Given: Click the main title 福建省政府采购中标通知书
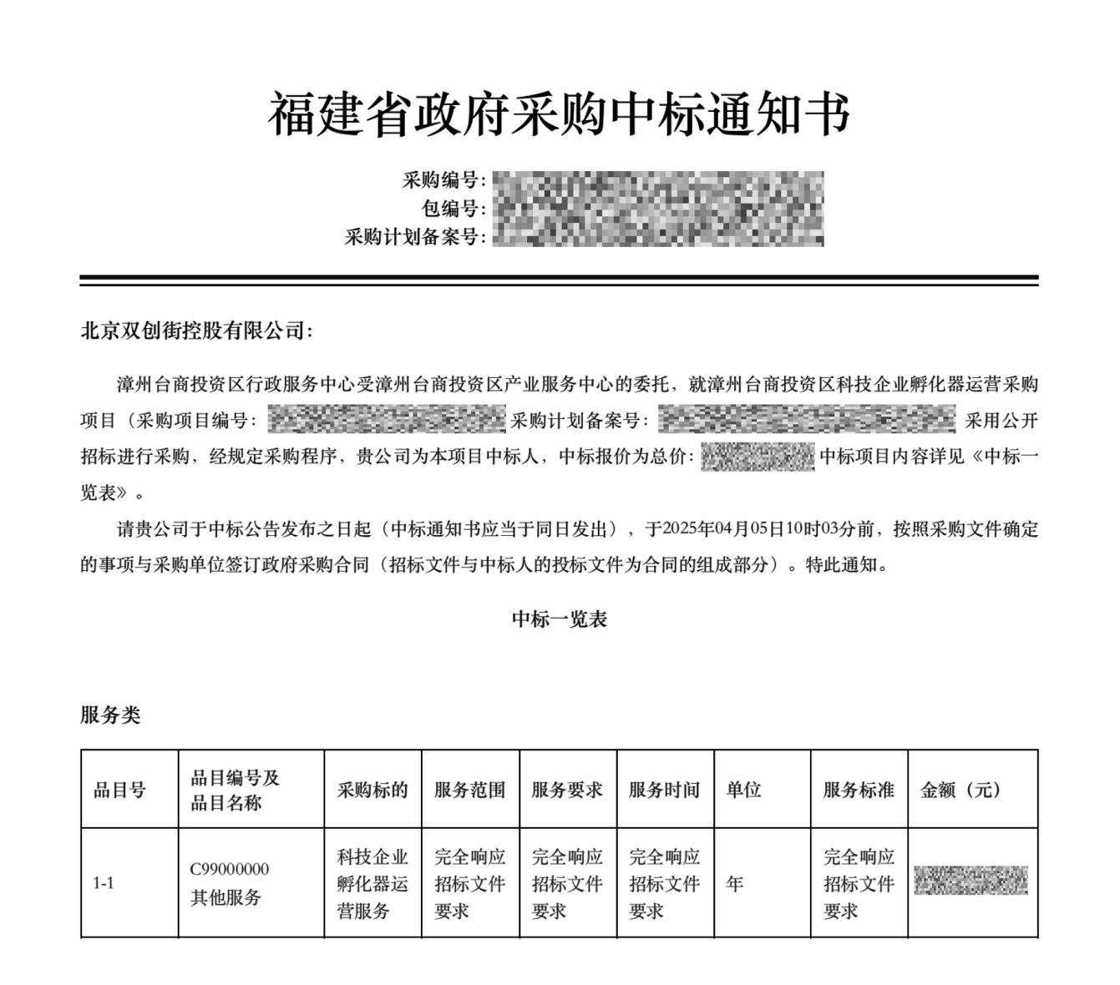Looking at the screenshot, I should point(559,115).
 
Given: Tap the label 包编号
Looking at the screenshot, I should point(454,209).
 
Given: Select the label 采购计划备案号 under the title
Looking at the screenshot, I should point(414,237).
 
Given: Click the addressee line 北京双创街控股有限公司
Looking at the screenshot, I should point(196,331).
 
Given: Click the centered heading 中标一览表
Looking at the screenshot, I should point(559,619).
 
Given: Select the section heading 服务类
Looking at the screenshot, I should point(110,715).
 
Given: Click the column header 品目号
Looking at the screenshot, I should point(119,790).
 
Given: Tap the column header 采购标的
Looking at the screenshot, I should point(372,790).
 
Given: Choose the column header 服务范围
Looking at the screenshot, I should point(469,790).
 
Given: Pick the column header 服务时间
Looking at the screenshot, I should point(664,790).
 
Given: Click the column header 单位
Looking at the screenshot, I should point(743,790).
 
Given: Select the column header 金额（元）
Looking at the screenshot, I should point(960,790).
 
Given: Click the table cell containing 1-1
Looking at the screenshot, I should point(104,883).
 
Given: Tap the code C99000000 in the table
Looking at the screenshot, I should point(230,869).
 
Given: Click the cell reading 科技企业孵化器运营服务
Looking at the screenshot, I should point(372,883).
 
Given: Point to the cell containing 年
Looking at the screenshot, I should point(735,883).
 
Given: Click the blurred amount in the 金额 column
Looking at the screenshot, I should point(970,881).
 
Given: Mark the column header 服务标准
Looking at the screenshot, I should point(859,790).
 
